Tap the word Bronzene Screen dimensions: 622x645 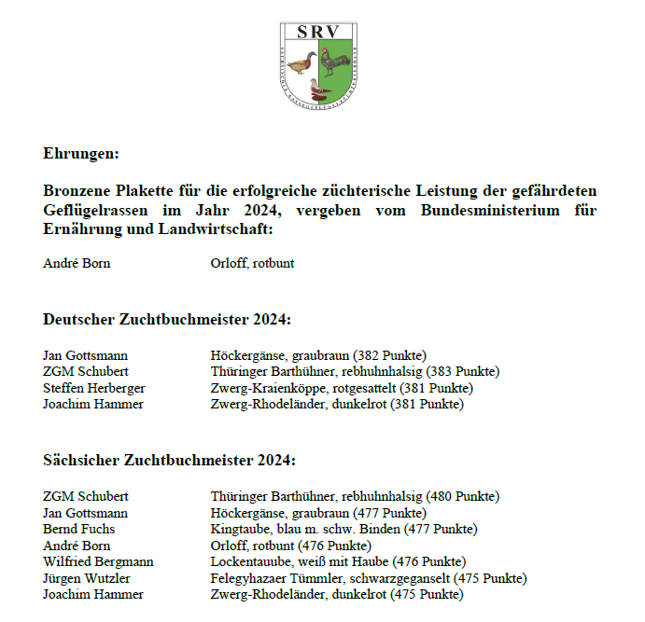coord(77,191)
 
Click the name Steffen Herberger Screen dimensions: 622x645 coord(93,388)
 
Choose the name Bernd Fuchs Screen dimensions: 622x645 coord(79,530)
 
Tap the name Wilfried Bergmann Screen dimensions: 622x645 coord(98,561)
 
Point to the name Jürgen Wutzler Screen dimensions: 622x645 coord(89,578)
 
